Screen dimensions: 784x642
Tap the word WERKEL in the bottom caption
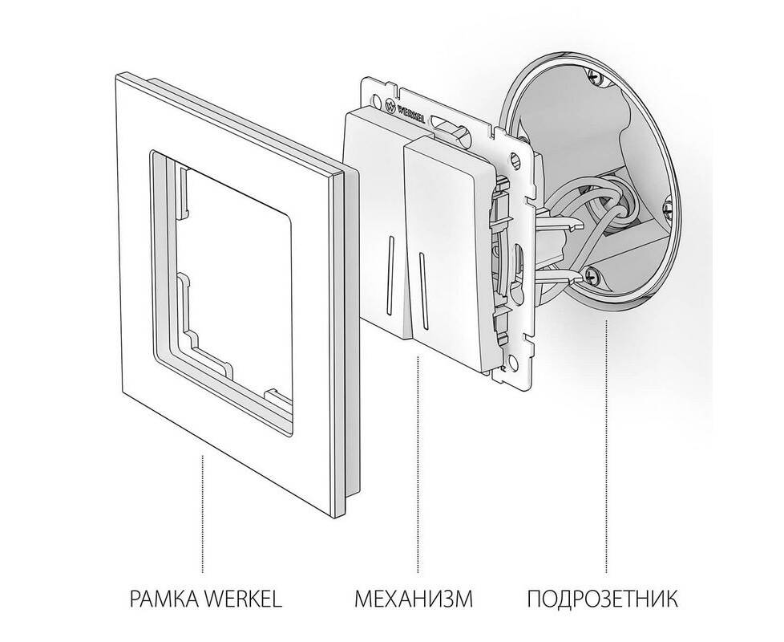[x=244, y=599]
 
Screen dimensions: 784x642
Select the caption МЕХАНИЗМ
[x=414, y=599]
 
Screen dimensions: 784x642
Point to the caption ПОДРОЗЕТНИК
[x=603, y=599]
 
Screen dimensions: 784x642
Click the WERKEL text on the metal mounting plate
[x=410, y=114]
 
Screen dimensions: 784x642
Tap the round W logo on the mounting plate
[x=391, y=106]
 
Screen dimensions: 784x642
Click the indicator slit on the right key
[x=423, y=292]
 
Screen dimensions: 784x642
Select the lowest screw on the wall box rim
[x=592, y=274]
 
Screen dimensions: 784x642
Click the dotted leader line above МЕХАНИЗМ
[x=418, y=465]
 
